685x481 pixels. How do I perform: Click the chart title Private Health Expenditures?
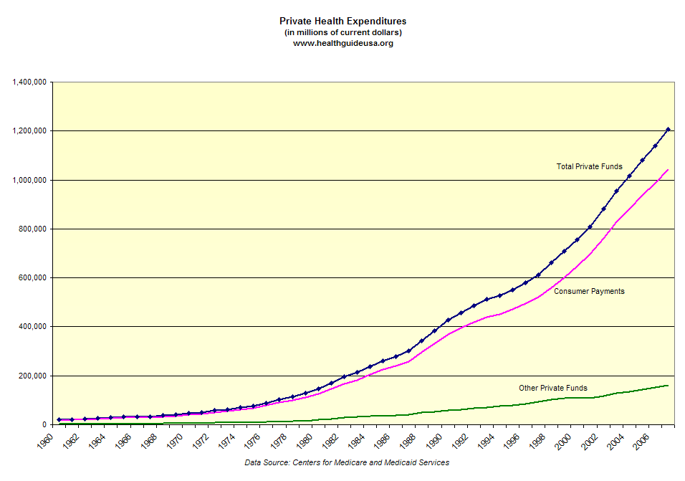(342, 22)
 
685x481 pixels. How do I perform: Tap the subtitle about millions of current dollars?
(342, 32)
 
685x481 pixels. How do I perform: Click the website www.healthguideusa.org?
(342, 43)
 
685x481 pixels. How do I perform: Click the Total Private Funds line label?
(590, 166)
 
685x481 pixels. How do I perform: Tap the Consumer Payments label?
(589, 291)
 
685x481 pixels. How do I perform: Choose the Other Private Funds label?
(553, 388)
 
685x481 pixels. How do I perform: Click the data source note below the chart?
(347, 462)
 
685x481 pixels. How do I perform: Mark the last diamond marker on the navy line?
(668, 130)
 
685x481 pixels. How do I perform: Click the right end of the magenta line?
(668, 170)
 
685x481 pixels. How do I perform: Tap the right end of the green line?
(668, 386)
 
